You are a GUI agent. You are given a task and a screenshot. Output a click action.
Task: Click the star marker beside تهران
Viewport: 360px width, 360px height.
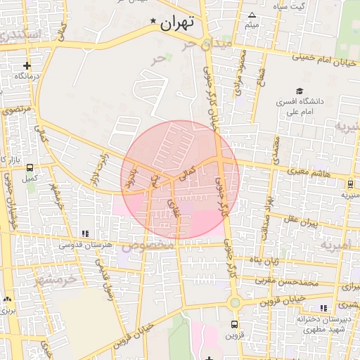154,22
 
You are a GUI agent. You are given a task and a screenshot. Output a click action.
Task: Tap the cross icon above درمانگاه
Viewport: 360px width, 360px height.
27,65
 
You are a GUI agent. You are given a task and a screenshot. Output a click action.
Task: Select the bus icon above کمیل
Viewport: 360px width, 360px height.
30,168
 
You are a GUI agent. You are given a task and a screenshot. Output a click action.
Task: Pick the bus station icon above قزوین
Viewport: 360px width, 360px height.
235,324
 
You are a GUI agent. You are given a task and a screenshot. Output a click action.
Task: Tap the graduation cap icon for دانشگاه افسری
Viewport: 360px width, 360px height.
300,91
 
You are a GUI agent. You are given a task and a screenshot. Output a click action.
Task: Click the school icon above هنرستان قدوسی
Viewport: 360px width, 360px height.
85,233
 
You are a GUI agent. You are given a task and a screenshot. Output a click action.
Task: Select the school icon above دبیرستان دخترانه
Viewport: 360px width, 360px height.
323,308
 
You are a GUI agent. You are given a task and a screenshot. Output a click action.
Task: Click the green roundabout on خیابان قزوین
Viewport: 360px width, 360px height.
235,303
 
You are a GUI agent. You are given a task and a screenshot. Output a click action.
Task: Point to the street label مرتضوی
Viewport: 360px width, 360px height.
15,111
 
